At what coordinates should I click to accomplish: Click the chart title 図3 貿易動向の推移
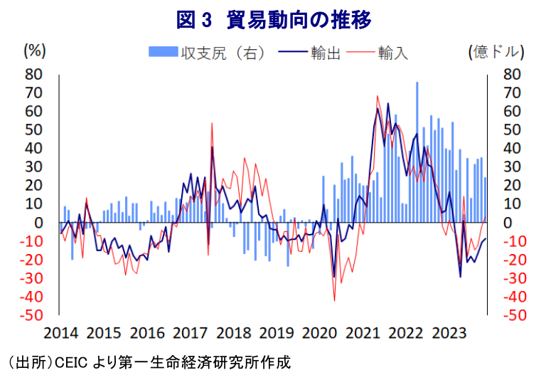[x=274, y=19]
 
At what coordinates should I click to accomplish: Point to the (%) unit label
[x=35, y=51]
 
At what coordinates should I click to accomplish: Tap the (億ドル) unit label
[x=497, y=52]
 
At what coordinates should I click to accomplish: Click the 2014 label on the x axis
[x=60, y=333]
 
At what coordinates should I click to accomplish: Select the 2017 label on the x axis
[x=190, y=333]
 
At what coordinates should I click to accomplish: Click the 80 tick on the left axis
[x=34, y=74]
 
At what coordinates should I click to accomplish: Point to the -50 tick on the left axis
[x=31, y=315]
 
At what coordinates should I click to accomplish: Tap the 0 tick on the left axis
[x=40, y=223]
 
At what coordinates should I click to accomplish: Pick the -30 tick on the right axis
[x=513, y=278]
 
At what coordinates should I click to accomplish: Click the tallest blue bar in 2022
[x=417, y=83]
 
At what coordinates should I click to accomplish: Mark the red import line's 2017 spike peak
[x=212, y=123]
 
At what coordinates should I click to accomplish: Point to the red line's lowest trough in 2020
[x=334, y=301]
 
